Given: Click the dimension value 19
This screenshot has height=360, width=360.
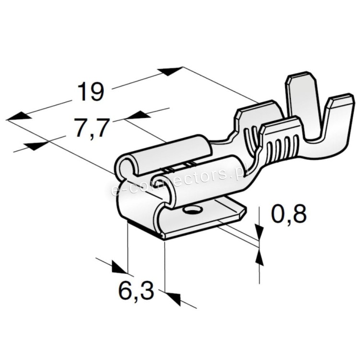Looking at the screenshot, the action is (90, 92).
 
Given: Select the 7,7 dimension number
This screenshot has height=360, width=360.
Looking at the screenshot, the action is (91, 127).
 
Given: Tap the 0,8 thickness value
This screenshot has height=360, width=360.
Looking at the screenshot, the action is (289, 214).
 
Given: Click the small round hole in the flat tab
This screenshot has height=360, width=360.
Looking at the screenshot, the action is (191, 209).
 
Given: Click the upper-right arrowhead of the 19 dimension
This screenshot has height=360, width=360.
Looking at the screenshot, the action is (171, 71).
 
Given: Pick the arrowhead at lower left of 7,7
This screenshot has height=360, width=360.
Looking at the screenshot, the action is (36, 146).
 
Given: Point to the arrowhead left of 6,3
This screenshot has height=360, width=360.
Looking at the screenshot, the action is (120, 267).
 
